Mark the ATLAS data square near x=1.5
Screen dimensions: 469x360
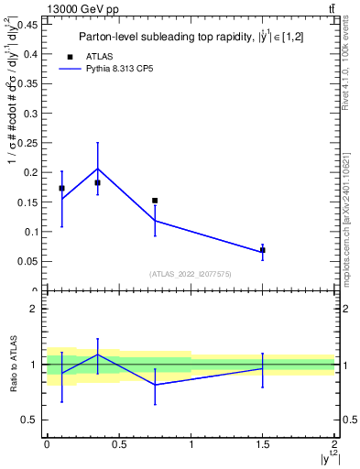263,250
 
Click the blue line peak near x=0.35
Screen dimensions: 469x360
97,169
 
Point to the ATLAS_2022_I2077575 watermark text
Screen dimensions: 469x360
190,273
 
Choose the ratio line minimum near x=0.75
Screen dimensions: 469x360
155,385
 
